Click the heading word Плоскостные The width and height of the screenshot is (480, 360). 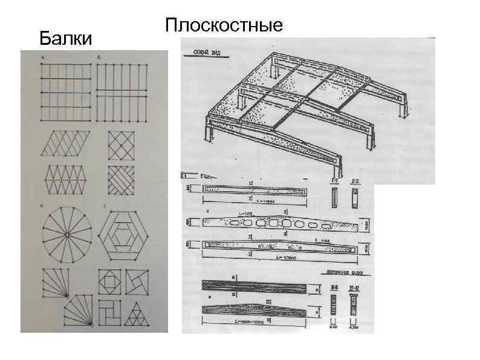[x=224, y=25]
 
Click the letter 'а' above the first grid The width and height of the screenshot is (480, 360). [x=41, y=57]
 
